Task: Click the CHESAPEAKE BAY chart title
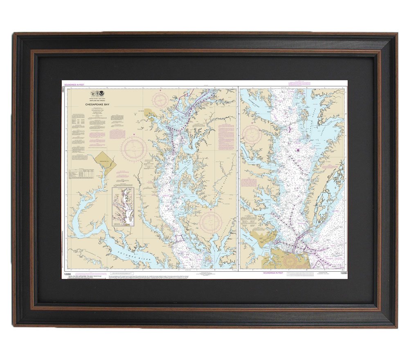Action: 97,105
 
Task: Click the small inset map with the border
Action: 123,207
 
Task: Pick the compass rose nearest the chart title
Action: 133,148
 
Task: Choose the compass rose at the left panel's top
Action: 160,99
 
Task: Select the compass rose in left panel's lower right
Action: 211,222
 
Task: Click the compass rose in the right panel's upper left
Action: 252,134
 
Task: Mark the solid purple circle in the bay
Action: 298,150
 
